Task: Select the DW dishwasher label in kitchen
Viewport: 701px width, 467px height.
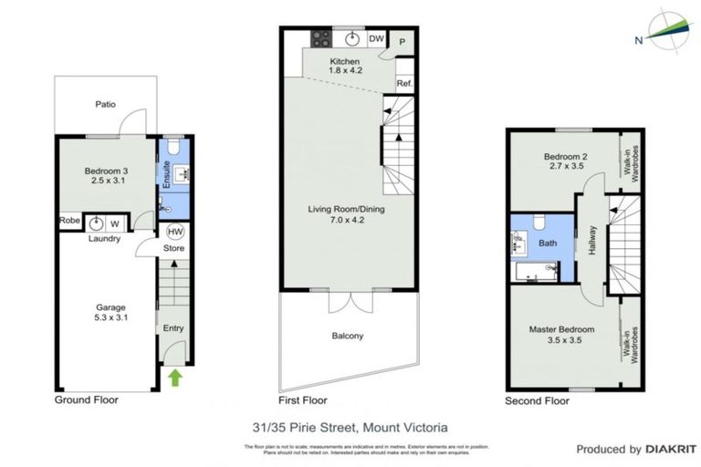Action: [x=376, y=38]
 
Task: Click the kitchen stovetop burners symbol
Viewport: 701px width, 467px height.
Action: [x=322, y=38]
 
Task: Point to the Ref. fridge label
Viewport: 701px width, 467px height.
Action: [x=404, y=84]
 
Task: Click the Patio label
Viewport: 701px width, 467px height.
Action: [x=106, y=104]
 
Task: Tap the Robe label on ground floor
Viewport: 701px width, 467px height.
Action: [x=69, y=220]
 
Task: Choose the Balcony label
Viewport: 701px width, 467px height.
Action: [x=348, y=336]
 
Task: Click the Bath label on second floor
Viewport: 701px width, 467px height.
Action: [x=548, y=244]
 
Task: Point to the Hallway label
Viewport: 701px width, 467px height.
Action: [x=591, y=241]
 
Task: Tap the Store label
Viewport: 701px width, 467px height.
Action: [x=174, y=248]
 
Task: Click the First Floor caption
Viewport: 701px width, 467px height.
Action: [x=301, y=400]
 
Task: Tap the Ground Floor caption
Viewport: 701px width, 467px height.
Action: [x=87, y=400]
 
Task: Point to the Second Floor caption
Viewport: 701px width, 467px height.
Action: [x=537, y=400]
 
